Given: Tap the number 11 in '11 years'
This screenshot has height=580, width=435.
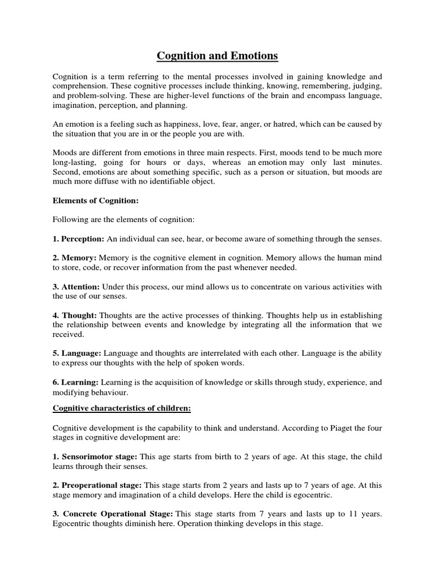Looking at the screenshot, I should (x=355, y=514).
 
